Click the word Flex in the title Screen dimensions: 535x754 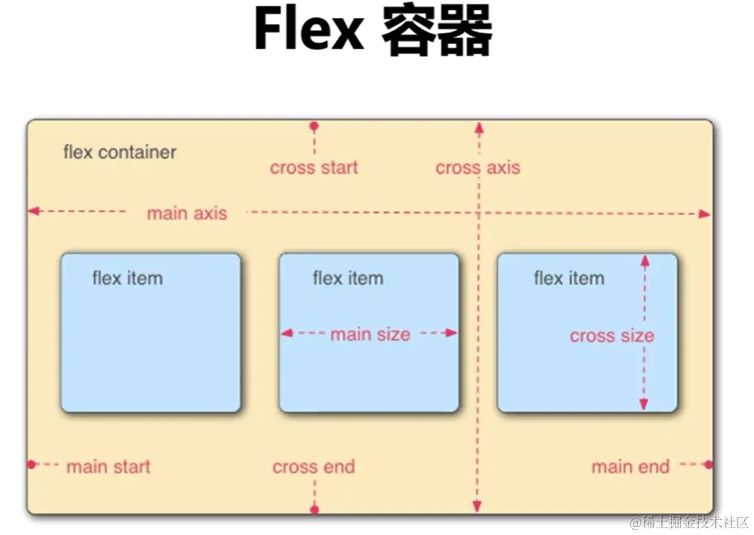(308, 31)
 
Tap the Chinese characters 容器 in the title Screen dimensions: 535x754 (437, 32)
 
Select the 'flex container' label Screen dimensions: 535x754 (120, 152)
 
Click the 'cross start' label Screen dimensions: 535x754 (314, 168)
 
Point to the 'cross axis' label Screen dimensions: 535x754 (478, 168)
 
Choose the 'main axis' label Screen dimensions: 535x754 (186, 214)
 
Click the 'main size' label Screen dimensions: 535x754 (370, 334)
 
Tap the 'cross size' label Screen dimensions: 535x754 (611, 336)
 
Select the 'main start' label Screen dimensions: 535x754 (108, 467)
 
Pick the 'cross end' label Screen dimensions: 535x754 (313, 467)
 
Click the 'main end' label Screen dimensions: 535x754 (630, 467)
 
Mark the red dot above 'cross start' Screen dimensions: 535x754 (314, 127)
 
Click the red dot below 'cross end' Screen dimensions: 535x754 (314, 510)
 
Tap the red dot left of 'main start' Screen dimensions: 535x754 (31, 465)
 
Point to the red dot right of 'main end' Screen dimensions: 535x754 (708, 465)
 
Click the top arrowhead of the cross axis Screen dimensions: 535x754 (478, 128)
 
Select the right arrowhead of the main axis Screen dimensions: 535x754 (704, 214)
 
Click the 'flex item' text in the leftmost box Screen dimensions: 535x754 (127, 278)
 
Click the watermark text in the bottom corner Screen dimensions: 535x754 (688, 522)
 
